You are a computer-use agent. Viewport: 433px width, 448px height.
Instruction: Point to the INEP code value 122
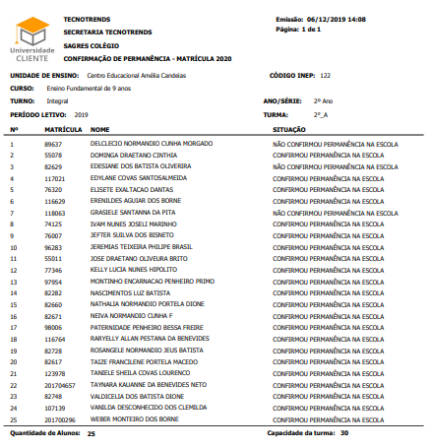coord(326,75)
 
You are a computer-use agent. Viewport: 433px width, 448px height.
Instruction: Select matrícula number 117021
coord(54,178)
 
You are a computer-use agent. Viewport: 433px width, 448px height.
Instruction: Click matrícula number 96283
coord(53,246)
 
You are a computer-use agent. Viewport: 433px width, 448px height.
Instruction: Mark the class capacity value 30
coord(344,432)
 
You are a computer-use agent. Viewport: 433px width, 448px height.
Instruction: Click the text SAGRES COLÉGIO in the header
coord(93,43)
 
